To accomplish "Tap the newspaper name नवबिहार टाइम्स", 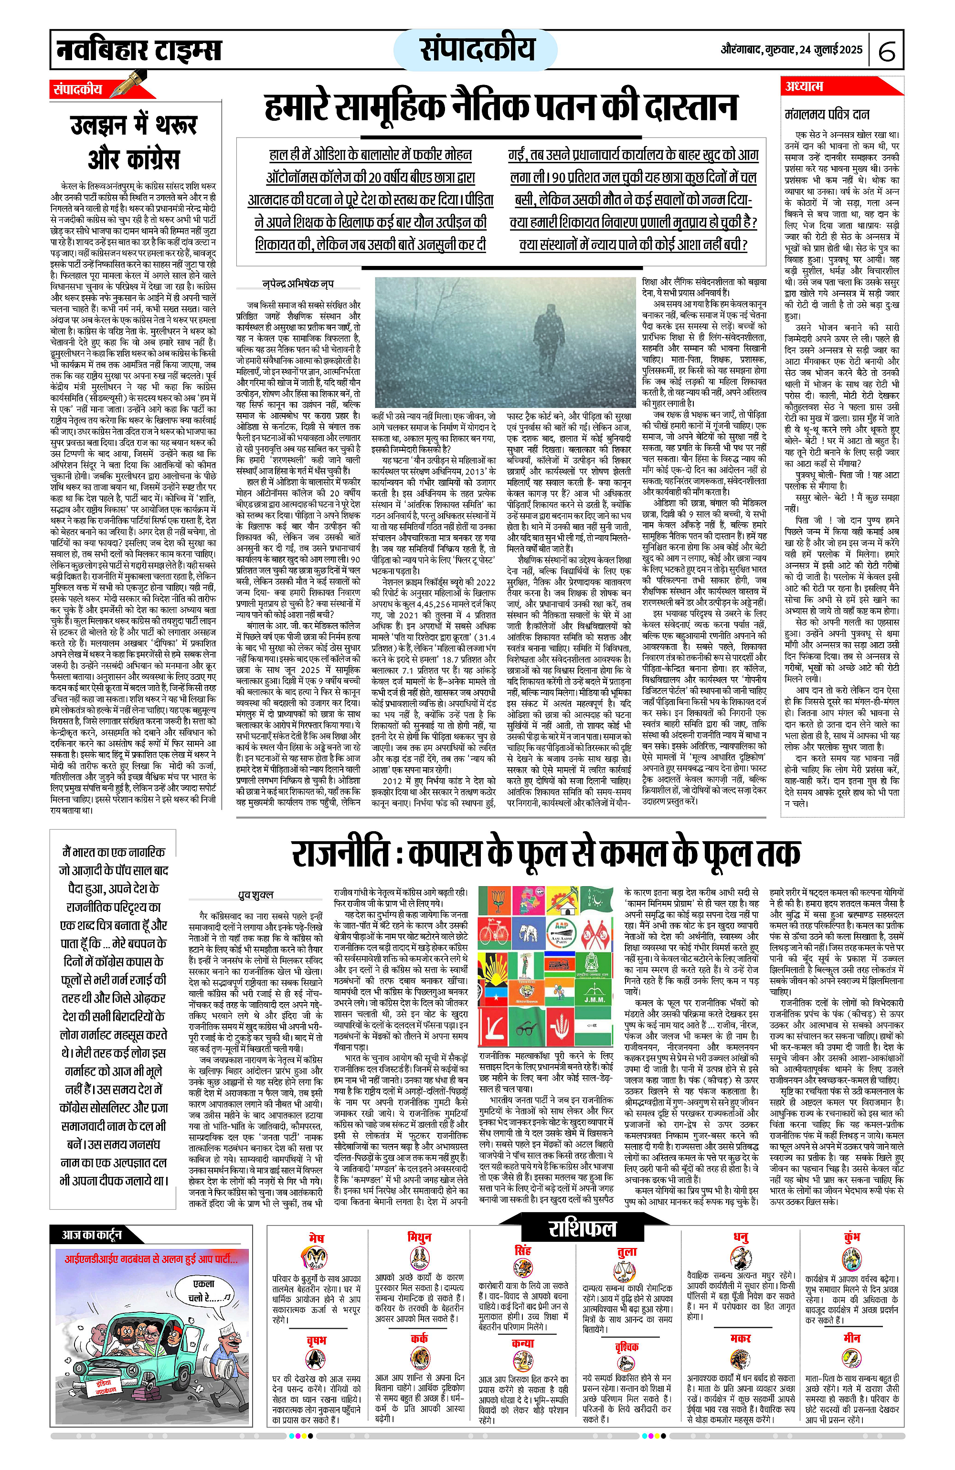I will click(139, 49).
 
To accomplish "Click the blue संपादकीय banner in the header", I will click(476, 49).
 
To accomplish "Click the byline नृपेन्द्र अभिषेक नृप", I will click(298, 284).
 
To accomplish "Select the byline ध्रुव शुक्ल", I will click(255, 895).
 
